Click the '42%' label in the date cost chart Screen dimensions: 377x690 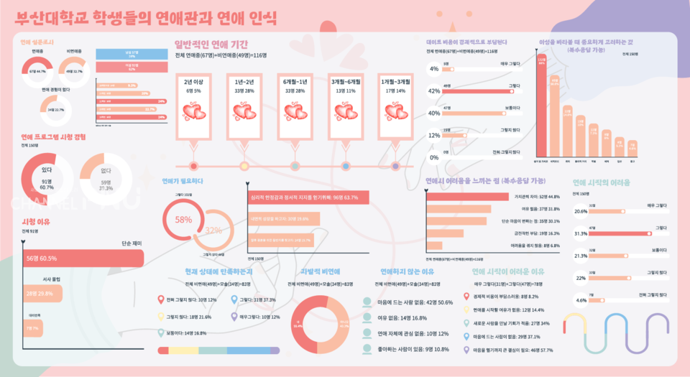click(x=434, y=91)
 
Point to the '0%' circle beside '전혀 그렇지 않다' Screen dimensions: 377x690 click(x=434, y=157)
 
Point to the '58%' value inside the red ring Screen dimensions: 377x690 click(x=183, y=220)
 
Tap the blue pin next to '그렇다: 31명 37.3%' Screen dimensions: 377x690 click(x=234, y=299)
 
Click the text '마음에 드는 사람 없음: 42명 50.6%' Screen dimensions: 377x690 click(x=415, y=302)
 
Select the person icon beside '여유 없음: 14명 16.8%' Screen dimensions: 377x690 click(x=367, y=318)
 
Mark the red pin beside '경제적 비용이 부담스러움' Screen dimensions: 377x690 click(x=467, y=295)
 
